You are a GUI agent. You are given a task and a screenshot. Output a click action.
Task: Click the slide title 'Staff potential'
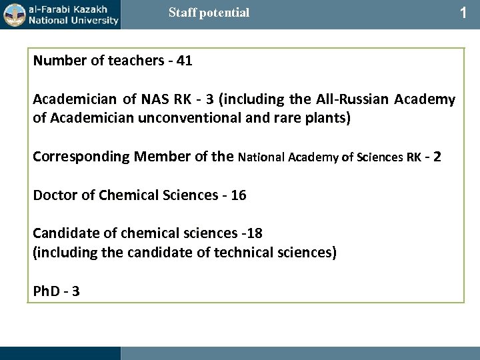click(209, 13)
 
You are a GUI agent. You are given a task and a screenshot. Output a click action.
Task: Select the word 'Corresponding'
click(81, 158)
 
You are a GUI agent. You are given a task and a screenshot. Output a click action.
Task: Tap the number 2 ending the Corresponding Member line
click(437, 158)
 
